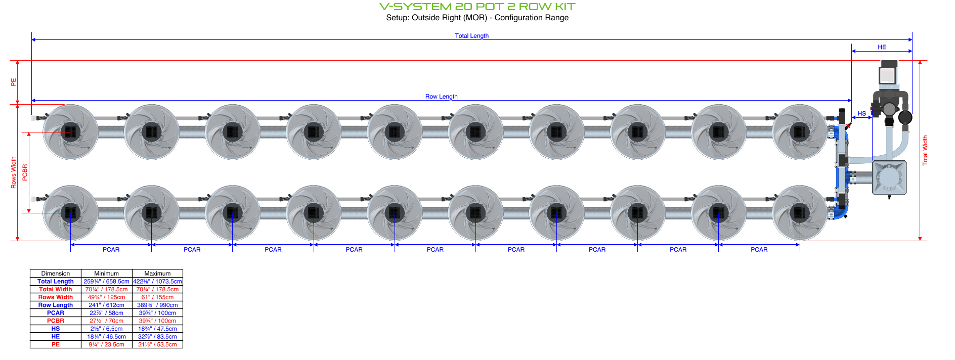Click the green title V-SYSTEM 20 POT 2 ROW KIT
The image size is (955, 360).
click(477, 7)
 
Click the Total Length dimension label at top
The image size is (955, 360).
click(471, 36)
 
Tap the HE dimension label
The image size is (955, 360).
click(882, 47)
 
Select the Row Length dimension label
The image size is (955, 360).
click(441, 97)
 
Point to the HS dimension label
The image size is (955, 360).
click(861, 114)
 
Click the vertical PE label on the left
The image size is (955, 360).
click(14, 82)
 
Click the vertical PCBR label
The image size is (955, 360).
click(25, 172)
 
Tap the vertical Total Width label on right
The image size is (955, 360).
click(925, 150)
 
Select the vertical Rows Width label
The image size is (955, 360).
click(14, 172)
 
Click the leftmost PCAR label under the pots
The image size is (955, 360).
click(111, 250)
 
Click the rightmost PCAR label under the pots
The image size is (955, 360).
click(759, 250)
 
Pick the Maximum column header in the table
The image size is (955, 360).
click(157, 274)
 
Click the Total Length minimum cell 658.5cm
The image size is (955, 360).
click(106, 282)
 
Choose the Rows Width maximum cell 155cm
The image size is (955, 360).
click(157, 297)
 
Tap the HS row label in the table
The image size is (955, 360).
click(56, 329)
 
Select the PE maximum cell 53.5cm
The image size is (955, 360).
click(157, 345)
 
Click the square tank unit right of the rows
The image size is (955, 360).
click(889, 178)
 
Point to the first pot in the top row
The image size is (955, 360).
click(70, 132)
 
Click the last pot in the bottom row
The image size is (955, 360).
click(799, 213)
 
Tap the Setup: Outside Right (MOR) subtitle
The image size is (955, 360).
click(477, 18)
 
